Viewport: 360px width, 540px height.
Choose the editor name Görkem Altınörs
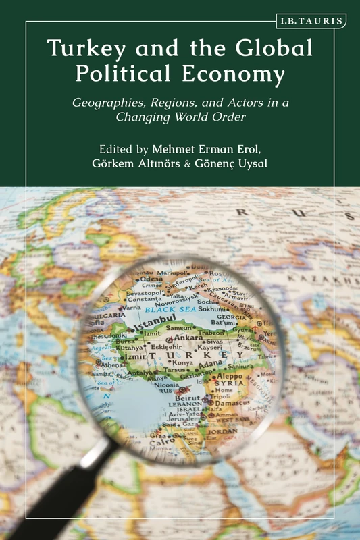click(138, 162)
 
